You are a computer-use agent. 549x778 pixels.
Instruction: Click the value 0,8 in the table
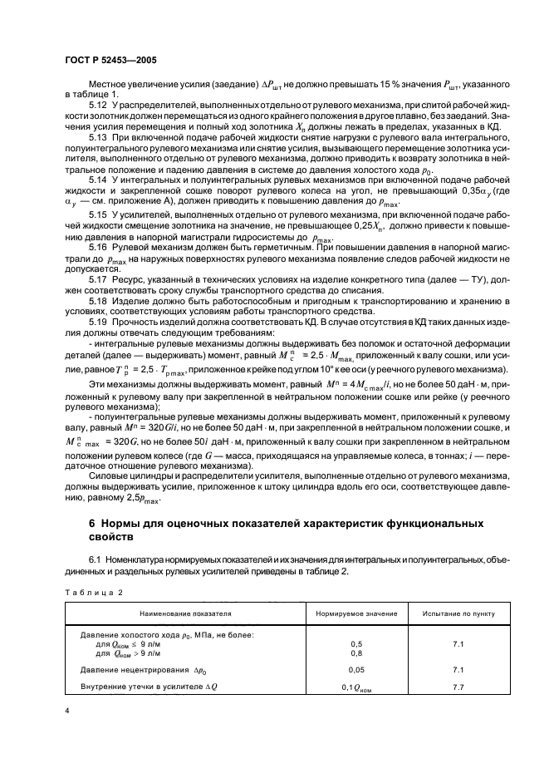point(357,652)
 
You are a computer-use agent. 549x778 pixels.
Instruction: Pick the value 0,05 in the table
point(357,669)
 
